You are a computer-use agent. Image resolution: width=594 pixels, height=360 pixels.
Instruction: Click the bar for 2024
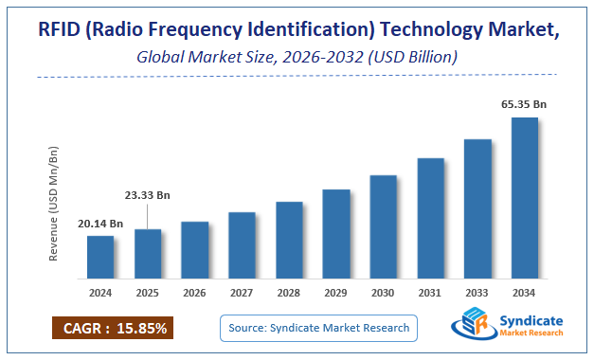pyautogui.click(x=100, y=258)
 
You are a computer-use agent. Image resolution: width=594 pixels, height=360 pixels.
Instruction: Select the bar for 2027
pyautogui.click(x=242, y=245)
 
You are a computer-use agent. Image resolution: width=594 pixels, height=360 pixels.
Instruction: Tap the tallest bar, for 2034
pyautogui.click(x=524, y=198)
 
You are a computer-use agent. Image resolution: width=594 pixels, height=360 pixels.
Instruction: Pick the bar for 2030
pyautogui.click(x=383, y=227)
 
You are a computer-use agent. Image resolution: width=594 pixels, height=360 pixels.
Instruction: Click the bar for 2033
pyautogui.click(x=477, y=209)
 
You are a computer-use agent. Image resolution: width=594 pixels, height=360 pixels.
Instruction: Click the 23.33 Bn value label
pyautogui.click(x=147, y=194)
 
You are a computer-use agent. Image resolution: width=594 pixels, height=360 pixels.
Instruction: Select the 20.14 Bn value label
pyautogui.click(x=100, y=224)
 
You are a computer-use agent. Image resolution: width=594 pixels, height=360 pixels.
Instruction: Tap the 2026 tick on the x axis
pyautogui.click(x=194, y=293)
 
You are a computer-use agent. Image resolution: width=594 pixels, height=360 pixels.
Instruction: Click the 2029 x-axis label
pyautogui.click(x=335, y=293)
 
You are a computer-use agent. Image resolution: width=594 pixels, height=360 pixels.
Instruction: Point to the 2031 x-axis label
pyautogui.click(x=430, y=293)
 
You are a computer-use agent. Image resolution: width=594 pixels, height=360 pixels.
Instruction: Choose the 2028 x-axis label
pyautogui.click(x=289, y=293)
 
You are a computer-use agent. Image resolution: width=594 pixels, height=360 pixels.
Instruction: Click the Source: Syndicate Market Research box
pyautogui.click(x=319, y=328)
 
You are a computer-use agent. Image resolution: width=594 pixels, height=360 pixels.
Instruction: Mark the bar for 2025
pyautogui.click(x=147, y=255)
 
